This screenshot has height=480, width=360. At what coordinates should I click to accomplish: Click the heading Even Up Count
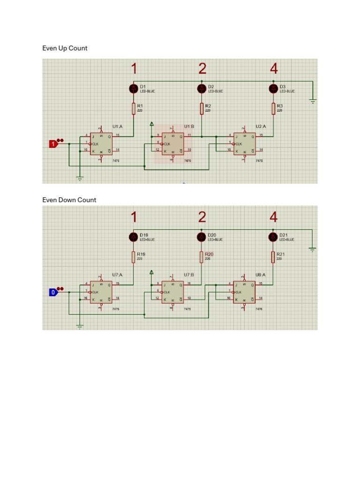[65, 48]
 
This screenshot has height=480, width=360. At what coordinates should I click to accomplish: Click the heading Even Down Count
[69, 200]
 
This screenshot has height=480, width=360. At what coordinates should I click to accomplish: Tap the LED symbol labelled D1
[134, 88]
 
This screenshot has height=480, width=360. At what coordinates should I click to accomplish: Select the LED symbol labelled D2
[202, 88]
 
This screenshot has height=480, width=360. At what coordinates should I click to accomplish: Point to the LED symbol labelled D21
[273, 237]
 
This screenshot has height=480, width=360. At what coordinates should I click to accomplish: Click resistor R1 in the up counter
[134, 109]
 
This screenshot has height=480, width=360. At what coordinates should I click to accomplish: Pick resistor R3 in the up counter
[273, 109]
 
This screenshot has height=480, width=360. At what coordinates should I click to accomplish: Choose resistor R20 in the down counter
[202, 257]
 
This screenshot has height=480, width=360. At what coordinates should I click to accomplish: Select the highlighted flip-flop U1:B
[173, 144]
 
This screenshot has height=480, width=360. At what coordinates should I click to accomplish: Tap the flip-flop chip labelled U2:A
[245, 144]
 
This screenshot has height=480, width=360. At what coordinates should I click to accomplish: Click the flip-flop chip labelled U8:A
[245, 292]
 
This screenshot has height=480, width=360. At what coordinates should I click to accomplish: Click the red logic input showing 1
[53, 144]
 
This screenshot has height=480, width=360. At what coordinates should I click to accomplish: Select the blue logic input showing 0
[53, 292]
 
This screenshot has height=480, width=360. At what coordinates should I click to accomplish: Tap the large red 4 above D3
[274, 69]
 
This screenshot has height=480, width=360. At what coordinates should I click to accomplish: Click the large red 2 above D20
[202, 217]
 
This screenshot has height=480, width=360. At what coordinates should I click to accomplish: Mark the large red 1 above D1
[134, 69]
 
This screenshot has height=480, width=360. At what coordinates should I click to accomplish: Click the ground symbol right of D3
[313, 100]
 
